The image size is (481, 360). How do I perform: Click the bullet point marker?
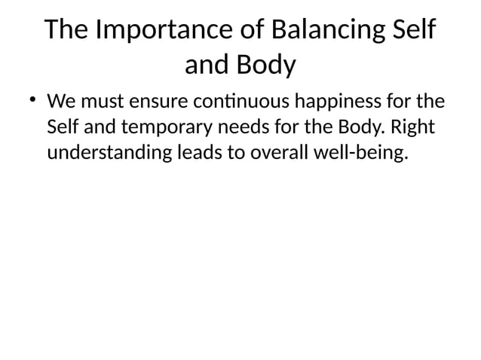pyautogui.click(x=34, y=101)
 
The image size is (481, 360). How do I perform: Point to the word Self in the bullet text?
pyautogui.click(x=62, y=127)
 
